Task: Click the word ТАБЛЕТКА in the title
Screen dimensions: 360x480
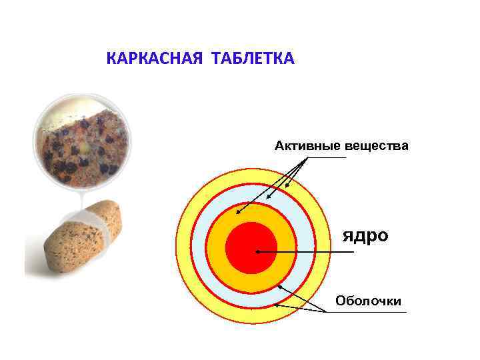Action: pyautogui.click(x=253, y=59)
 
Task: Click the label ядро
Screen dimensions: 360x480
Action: pyautogui.click(x=365, y=236)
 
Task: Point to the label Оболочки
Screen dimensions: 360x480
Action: pyautogui.click(x=368, y=301)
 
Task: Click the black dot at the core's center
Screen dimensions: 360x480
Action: pyautogui.click(x=257, y=252)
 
